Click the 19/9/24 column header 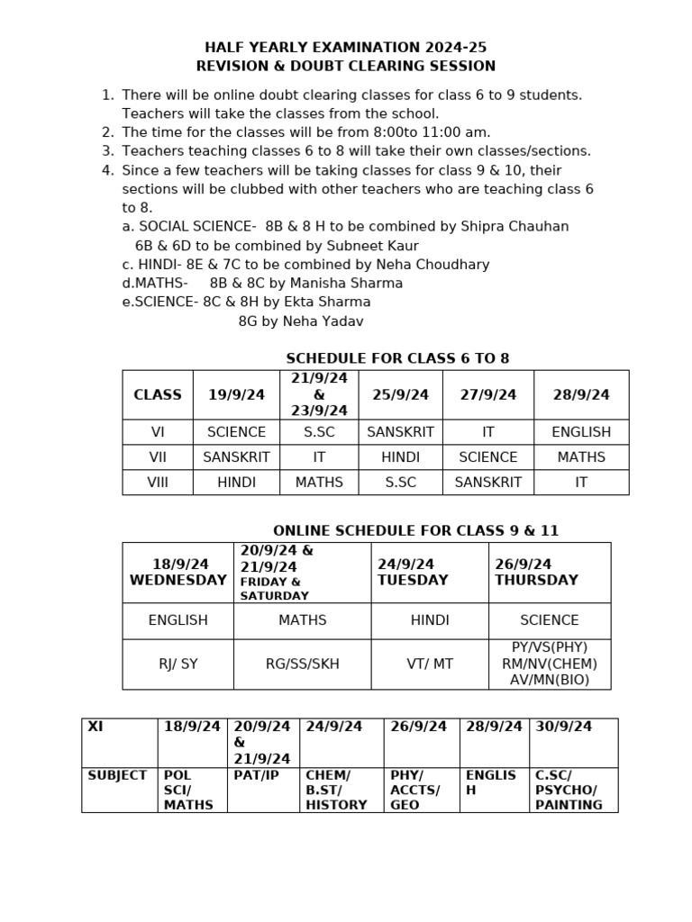tap(236, 394)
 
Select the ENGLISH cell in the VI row tap(581, 432)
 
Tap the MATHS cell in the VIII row tap(319, 483)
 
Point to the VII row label tap(158, 457)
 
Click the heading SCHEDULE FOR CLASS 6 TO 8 tap(397, 358)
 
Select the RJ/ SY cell tap(178, 664)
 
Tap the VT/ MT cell tap(430, 664)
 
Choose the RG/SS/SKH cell tap(302, 664)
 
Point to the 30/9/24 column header tap(563, 727)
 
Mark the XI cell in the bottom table tap(96, 727)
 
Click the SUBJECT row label tap(117, 775)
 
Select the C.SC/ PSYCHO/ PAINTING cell tap(569, 790)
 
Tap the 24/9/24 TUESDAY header tap(413, 573)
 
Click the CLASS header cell tap(158, 394)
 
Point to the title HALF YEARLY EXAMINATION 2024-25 tap(346, 47)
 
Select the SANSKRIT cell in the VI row tap(400, 432)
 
